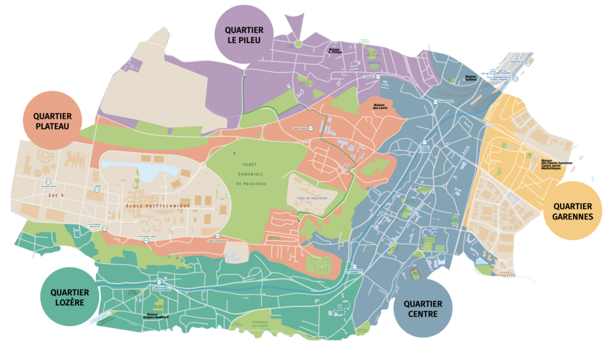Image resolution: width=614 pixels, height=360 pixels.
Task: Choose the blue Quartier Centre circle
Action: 423,308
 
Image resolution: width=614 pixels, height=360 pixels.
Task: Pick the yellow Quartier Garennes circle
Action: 572,210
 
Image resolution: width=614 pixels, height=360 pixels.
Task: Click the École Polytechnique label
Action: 159,206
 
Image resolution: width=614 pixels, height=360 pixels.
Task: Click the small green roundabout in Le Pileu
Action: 298,44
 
